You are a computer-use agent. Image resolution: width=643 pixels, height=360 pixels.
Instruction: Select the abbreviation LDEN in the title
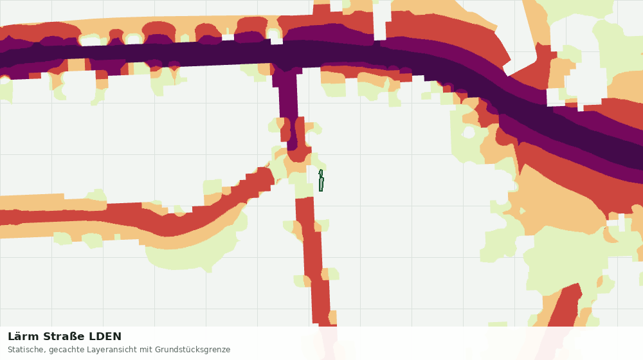point(105,337)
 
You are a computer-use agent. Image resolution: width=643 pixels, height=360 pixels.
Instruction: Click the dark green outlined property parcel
point(321,181)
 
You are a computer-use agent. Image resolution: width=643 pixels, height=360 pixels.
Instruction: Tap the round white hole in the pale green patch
point(468,132)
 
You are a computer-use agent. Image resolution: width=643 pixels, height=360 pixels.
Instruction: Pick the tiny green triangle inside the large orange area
point(523,211)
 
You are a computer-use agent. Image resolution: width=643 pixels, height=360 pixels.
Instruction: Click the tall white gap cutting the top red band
point(380,21)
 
